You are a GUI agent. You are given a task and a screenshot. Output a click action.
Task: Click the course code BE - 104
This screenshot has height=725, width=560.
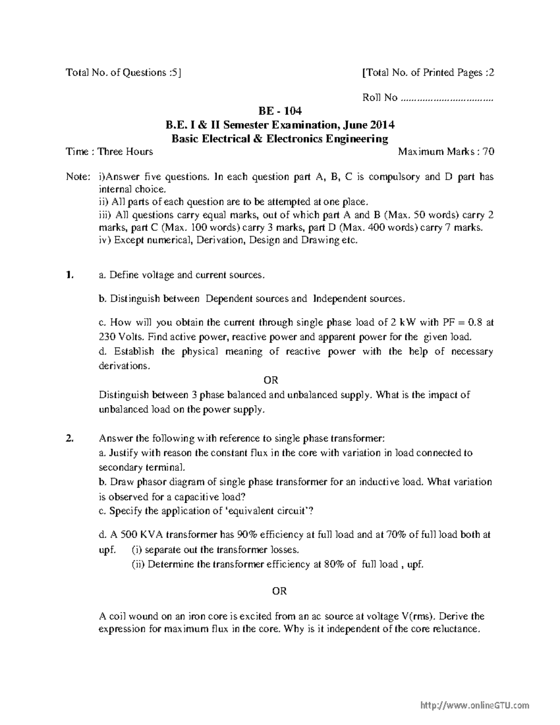pos(280,111)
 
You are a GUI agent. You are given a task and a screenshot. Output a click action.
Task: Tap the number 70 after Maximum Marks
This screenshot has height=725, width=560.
pos(488,152)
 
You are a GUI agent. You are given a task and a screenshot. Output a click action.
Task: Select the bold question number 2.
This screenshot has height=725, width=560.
pos(70,438)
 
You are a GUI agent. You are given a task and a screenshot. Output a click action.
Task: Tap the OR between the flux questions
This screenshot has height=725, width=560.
pos(279,591)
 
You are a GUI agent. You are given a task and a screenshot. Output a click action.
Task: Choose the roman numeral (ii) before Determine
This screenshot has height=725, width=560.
pos(139,564)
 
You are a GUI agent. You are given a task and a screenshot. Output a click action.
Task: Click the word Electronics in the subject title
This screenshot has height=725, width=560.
pos(293,139)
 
